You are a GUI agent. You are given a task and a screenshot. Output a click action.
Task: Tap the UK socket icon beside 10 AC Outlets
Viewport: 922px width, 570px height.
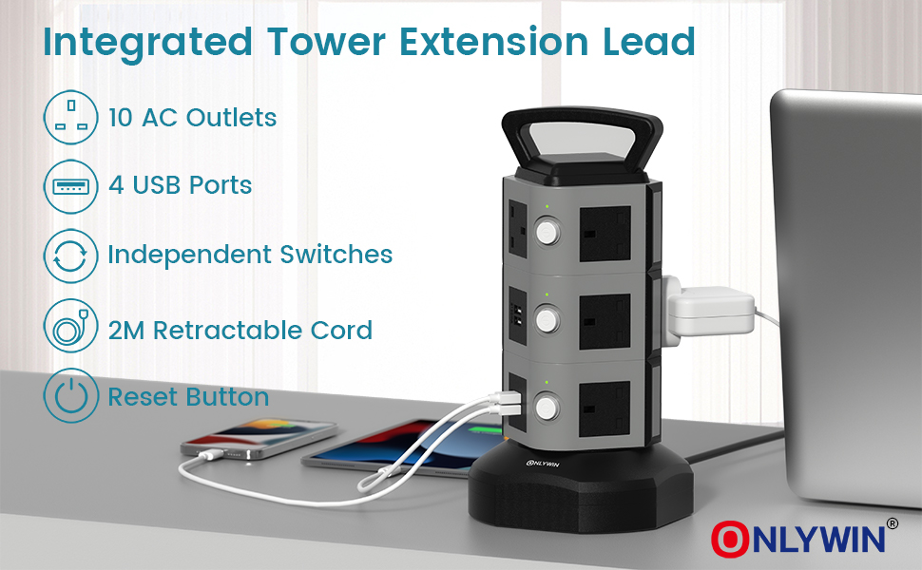[71, 118]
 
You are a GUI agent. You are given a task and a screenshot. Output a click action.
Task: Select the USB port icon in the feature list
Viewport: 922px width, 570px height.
[71, 185]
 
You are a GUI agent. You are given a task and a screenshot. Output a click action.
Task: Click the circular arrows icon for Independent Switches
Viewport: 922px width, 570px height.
[71, 255]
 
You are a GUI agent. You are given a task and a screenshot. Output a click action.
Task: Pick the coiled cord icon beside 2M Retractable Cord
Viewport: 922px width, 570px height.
[71, 330]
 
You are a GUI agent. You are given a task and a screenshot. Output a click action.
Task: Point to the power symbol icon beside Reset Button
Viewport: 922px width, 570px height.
[71, 396]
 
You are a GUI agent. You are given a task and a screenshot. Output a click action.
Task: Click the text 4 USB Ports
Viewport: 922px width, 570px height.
[181, 185]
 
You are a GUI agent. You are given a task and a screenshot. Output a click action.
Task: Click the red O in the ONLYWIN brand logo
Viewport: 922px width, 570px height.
[729, 538]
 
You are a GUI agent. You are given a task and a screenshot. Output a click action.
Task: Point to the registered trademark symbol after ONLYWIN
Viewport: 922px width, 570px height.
[892, 522]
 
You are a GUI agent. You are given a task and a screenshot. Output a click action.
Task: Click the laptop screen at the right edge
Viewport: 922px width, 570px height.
[846, 237]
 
